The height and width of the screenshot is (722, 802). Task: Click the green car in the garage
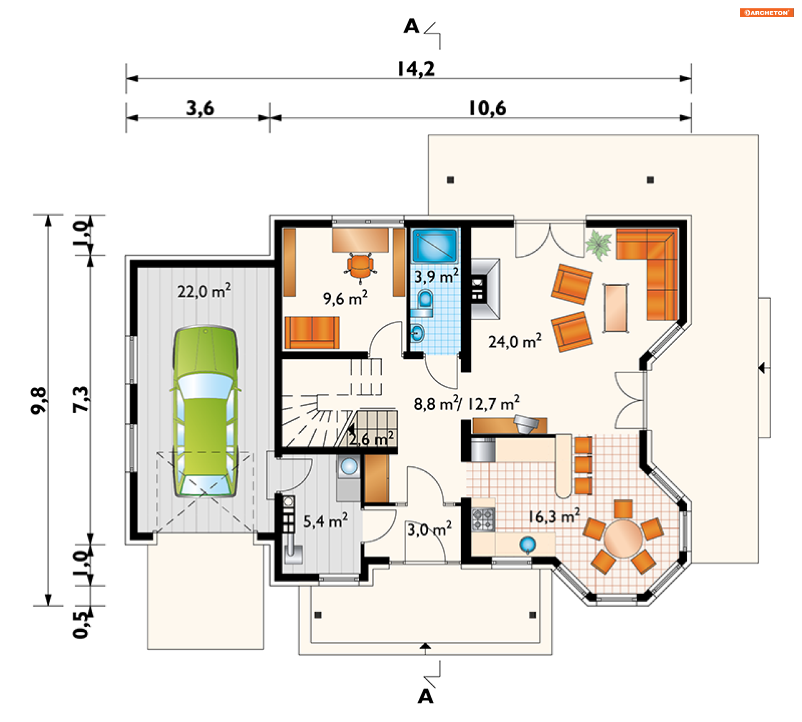click(x=205, y=412)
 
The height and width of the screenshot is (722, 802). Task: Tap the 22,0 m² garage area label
click(x=204, y=290)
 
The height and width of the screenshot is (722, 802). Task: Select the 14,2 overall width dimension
click(x=416, y=69)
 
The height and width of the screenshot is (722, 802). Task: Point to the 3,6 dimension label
click(x=200, y=109)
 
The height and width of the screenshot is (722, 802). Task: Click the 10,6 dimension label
click(x=487, y=109)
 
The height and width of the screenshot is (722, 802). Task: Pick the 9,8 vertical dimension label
click(x=39, y=400)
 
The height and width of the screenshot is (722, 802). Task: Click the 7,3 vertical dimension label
click(x=81, y=399)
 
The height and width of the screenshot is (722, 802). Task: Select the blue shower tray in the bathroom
click(x=435, y=245)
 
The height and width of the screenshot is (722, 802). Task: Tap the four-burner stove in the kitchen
click(x=483, y=519)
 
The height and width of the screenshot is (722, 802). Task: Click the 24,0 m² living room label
click(x=515, y=341)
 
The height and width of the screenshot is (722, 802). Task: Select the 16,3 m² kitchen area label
click(x=554, y=516)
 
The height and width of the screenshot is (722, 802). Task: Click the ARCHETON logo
click(x=766, y=13)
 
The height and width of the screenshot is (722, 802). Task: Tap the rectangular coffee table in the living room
click(x=616, y=308)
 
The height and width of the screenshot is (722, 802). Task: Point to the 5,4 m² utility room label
click(x=325, y=521)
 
